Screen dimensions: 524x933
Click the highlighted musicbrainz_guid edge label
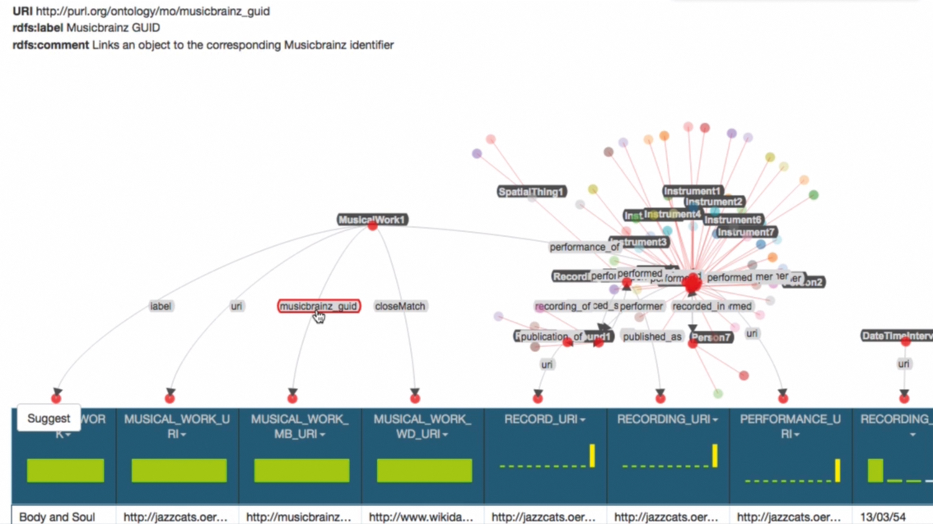coord(319,306)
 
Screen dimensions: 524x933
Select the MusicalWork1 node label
coord(372,220)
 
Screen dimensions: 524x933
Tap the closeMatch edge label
coord(400,306)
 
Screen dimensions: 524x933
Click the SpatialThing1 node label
coord(531,192)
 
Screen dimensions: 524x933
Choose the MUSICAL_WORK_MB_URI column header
coord(300,426)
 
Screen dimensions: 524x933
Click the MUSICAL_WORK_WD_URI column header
coord(422,426)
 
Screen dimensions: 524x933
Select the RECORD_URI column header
coord(541,419)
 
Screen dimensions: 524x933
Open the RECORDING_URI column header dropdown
coord(716,420)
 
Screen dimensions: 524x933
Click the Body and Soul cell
coord(57,517)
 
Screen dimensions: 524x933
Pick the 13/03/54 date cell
coord(883,517)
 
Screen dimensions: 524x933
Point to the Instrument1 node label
coord(692,191)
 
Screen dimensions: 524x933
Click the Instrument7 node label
coord(746,232)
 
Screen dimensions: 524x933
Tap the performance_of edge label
coord(584,247)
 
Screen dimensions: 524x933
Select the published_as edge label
coord(652,336)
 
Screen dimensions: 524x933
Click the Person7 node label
coord(711,337)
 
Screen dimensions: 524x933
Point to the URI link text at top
coord(152,11)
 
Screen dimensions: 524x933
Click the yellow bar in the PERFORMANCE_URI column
coord(837,470)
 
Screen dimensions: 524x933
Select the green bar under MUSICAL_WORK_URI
coord(179,470)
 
